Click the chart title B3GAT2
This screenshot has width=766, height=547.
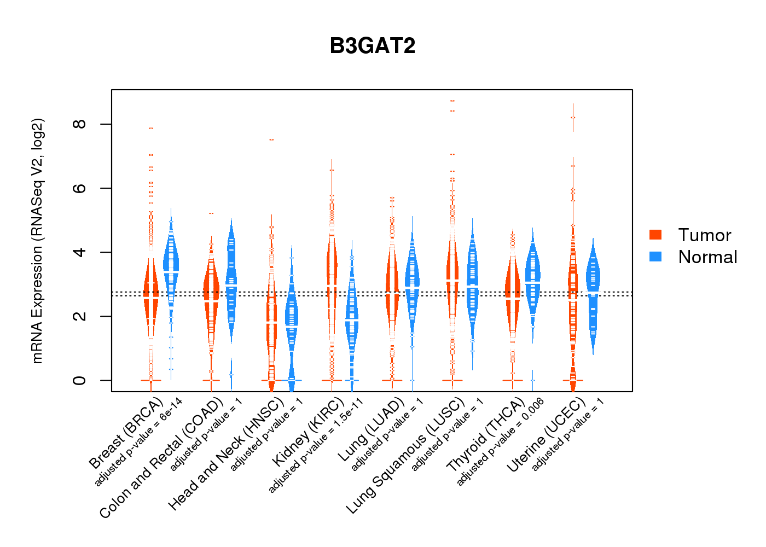tap(373, 46)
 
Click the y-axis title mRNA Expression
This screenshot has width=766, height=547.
tap(37, 241)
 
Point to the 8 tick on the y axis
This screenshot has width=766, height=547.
tap(80, 124)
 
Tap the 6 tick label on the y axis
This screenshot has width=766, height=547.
tap(80, 188)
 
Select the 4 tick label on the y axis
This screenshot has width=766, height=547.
tap(80, 252)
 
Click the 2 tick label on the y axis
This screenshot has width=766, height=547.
tap(80, 316)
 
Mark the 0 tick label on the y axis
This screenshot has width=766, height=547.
tap(80, 380)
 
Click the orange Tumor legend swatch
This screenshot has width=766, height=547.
tap(655, 235)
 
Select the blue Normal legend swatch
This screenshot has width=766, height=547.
tap(655, 257)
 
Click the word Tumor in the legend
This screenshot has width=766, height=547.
tap(704, 235)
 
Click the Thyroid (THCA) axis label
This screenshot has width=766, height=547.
tap(485, 435)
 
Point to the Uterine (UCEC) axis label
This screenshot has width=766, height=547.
tap(546, 435)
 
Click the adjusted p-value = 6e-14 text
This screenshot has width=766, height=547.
tap(138, 443)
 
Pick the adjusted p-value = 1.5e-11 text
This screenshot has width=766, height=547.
tap(316, 446)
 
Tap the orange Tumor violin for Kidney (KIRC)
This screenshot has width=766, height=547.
tap(332, 263)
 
